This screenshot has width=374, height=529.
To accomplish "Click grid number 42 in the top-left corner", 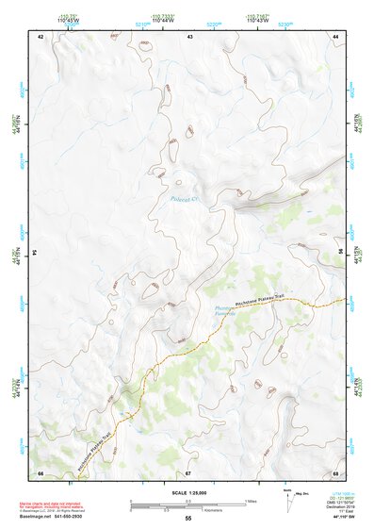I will [40, 36].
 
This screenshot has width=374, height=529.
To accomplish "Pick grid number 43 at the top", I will [190, 36].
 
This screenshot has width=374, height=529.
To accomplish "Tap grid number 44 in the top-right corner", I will [336, 36].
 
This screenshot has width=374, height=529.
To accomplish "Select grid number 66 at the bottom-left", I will [40, 472].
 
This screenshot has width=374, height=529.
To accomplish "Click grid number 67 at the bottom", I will [188, 472].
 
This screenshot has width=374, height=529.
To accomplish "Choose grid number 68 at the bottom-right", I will [335, 472].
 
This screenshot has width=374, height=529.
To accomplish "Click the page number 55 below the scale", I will [188, 519].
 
